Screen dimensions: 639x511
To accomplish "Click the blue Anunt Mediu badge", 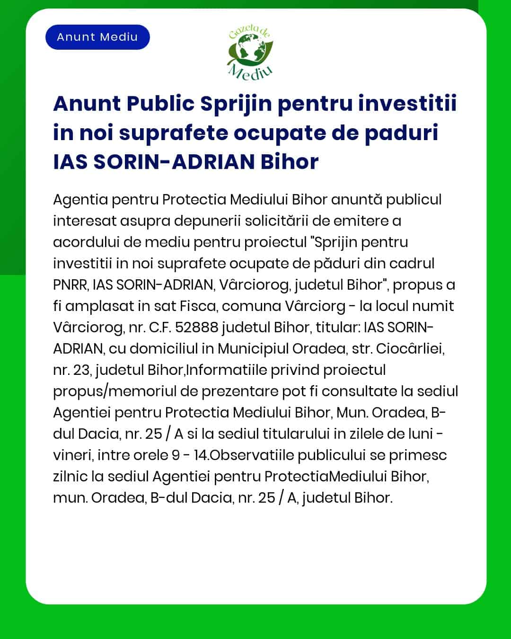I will (97, 37).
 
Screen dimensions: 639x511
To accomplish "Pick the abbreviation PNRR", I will (70, 285).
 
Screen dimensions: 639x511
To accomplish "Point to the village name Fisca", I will (198, 306).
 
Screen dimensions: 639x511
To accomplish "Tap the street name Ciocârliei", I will (410, 349).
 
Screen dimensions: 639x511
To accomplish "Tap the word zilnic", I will (70, 477).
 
